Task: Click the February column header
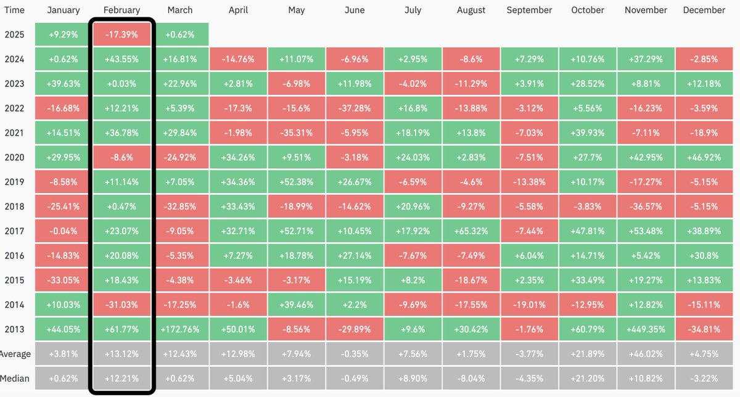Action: tap(121, 10)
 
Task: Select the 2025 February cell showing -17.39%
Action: tap(121, 35)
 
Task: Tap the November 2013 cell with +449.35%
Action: tap(646, 329)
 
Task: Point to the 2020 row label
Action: tap(14, 157)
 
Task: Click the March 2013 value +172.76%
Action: tap(179, 329)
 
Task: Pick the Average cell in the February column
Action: tap(121, 354)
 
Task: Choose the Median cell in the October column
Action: tap(587, 378)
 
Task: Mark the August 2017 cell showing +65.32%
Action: tap(471, 231)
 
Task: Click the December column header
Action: tap(704, 10)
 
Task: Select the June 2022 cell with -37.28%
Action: tap(355, 108)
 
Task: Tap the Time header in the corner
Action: tap(14, 10)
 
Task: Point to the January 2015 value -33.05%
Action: tap(63, 280)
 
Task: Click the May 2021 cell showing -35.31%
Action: tap(296, 133)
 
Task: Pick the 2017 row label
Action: tap(14, 231)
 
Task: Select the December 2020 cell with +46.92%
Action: tap(704, 157)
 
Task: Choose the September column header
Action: tap(529, 10)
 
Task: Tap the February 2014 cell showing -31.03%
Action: tap(121, 305)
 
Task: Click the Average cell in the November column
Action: tap(646, 354)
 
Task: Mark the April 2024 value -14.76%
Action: tap(238, 59)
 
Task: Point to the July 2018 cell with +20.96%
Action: tap(413, 207)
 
